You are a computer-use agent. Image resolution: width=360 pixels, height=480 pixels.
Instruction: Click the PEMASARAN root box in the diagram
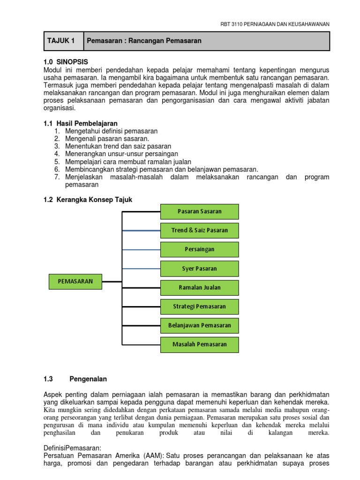(x=75, y=281)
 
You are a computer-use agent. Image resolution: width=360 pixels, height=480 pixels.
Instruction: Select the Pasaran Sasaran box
(x=200, y=211)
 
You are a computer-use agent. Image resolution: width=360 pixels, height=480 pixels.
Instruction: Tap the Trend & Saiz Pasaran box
(x=200, y=230)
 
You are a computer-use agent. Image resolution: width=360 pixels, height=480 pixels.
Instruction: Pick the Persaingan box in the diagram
(x=200, y=249)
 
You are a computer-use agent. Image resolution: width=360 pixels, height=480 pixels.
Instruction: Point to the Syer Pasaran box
(x=200, y=269)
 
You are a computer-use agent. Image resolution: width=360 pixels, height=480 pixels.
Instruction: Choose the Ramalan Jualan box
(x=200, y=287)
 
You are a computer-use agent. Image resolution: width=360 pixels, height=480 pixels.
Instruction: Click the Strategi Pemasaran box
(x=200, y=307)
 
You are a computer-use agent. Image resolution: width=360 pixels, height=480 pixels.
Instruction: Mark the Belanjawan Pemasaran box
(x=200, y=325)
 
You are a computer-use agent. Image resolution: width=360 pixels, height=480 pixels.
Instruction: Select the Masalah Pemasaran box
(x=200, y=344)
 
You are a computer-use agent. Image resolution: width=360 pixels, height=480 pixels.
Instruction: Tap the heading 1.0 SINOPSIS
(x=65, y=61)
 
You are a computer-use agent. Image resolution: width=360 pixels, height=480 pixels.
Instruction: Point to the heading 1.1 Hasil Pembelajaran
(x=80, y=123)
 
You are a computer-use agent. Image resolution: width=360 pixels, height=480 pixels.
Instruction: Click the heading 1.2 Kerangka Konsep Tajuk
(x=88, y=200)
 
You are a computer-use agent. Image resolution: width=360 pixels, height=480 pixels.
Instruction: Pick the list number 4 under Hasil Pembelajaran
(x=57, y=154)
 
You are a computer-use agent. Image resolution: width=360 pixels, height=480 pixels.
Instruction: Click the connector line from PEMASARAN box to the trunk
(x=112, y=282)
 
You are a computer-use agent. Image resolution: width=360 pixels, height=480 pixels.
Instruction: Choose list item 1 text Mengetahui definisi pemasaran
(x=112, y=131)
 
